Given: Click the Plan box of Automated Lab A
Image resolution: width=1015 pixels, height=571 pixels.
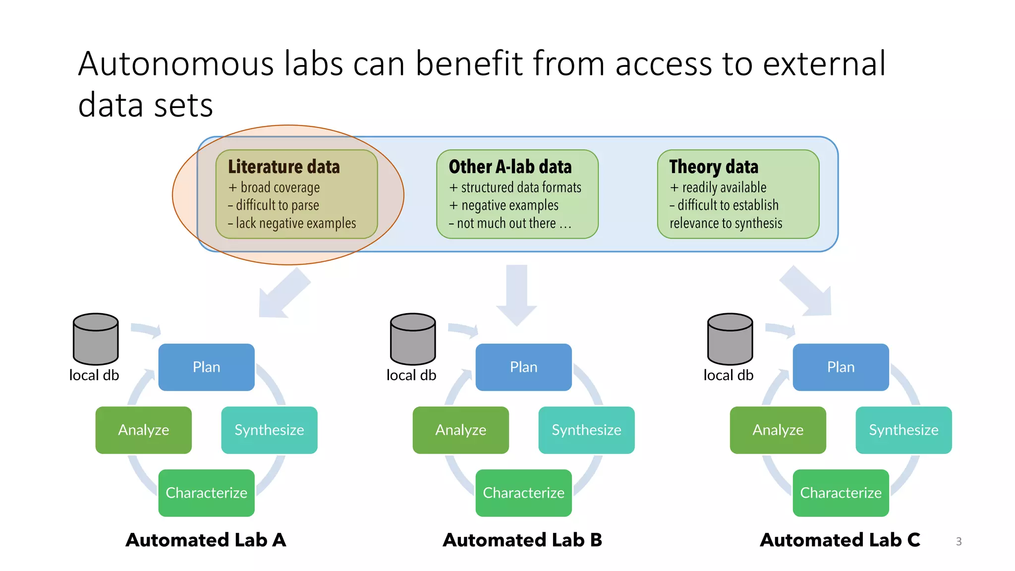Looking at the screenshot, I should [x=206, y=367].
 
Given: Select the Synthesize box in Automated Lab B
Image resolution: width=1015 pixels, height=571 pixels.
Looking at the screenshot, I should [x=586, y=430].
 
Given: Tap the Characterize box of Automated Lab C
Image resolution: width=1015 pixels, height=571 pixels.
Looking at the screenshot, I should [x=841, y=493].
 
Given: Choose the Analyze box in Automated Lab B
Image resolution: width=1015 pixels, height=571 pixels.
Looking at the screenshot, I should [x=460, y=430].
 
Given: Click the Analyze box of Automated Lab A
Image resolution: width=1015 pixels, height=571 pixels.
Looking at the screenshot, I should [x=143, y=430].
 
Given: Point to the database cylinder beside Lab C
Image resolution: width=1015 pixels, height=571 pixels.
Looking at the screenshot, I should [x=730, y=339].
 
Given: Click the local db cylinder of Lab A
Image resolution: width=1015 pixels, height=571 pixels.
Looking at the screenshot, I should [x=96, y=339].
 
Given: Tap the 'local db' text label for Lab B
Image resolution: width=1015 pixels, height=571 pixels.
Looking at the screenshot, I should [x=411, y=375].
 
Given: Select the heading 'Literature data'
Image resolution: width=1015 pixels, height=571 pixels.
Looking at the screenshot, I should [x=283, y=167].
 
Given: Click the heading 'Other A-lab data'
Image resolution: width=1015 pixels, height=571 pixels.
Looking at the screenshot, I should [x=510, y=167].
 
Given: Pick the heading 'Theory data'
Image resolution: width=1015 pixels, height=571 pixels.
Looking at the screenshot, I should [x=713, y=167].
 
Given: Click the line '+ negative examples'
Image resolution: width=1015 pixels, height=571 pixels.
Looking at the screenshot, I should [x=504, y=205].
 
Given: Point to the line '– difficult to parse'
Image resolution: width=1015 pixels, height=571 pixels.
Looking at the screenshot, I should [x=274, y=205].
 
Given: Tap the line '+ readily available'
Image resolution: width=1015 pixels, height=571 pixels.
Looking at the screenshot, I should [x=718, y=187].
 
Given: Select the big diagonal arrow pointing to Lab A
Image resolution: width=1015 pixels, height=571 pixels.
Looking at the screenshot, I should [x=283, y=293].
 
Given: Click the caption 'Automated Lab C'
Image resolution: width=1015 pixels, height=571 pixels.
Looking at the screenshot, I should [x=840, y=540].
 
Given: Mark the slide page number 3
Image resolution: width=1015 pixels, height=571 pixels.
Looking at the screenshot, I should [x=959, y=542].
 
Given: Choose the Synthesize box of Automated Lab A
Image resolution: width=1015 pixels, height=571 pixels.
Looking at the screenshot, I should [x=269, y=430].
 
